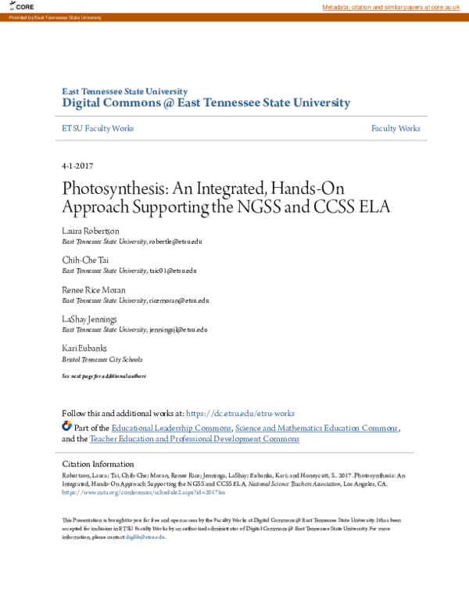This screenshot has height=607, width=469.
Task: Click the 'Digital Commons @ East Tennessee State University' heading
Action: [206, 103]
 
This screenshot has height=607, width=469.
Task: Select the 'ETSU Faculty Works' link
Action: [98, 128]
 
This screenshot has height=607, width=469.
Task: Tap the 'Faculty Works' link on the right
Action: [396, 128]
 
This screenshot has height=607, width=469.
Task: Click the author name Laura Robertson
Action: [90, 232]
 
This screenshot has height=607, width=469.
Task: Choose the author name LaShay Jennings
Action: [89, 318]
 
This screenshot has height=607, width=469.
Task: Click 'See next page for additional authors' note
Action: [104, 376]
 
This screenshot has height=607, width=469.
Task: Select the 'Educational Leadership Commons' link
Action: [171, 428]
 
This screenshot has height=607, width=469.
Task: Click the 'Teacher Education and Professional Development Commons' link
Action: [194, 440]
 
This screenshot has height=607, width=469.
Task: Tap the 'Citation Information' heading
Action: [98, 464]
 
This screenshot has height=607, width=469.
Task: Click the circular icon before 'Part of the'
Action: [66, 427]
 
